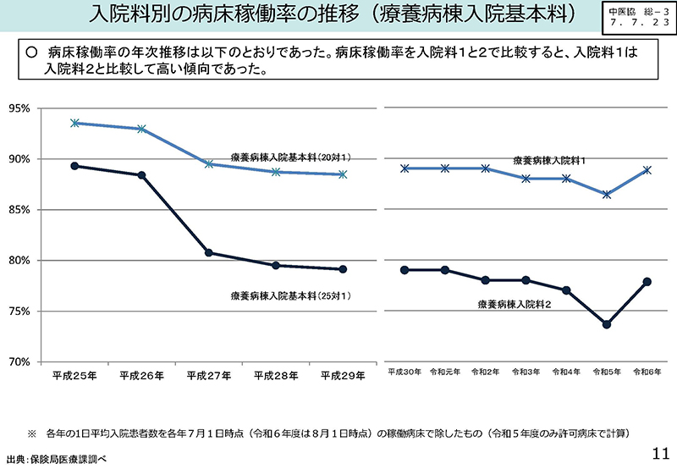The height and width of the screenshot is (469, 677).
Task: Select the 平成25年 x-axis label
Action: pyautogui.click(x=74, y=376)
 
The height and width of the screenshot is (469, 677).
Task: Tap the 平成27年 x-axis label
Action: pyautogui.click(x=208, y=376)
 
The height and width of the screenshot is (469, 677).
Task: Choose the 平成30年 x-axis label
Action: pyautogui.click(x=405, y=372)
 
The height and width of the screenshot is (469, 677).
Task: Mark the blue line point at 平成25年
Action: pyautogui.click(x=74, y=123)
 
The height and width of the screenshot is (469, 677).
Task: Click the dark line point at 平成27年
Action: pyautogui.click(x=208, y=252)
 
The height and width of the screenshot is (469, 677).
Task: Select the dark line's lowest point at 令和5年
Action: pyautogui.click(x=607, y=324)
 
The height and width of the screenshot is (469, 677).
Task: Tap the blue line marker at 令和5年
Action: pyautogui.click(x=607, y=195)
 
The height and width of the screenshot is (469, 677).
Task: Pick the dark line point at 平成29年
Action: pyautogui.click(x=343, y=269)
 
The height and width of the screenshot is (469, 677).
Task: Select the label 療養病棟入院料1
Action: pyautogui.click(x=549, y=159)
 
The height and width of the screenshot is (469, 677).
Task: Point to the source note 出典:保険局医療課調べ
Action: pyautogui.click(x=57, y=459)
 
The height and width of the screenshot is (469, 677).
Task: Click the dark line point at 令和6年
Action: pyautogui.click(x=647, y=282)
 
